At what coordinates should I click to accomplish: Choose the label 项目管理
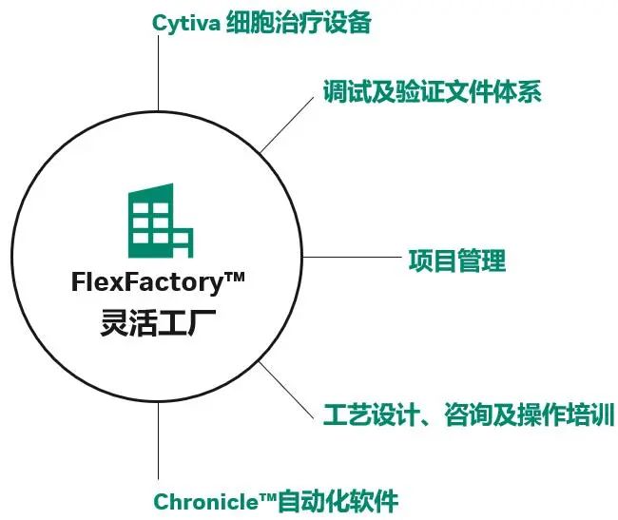(456, 260)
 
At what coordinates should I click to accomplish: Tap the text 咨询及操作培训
(530, 415)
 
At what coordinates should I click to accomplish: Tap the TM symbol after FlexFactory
(233, 277)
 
